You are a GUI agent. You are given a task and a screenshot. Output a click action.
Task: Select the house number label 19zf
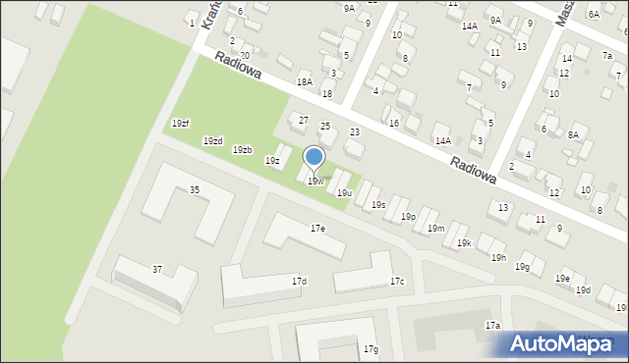180,123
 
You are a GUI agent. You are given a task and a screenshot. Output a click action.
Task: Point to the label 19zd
212,141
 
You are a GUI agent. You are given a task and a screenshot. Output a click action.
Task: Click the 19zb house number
242,150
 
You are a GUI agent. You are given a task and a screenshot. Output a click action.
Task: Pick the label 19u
344,193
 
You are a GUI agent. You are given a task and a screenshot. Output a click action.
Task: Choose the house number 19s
378,205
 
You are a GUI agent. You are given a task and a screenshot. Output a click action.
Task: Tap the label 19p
408,217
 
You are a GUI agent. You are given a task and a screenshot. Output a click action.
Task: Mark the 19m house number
435,229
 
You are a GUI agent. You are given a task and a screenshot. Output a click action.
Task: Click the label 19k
464,242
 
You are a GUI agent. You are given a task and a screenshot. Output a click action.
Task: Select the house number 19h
498,257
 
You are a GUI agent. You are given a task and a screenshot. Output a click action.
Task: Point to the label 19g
523,267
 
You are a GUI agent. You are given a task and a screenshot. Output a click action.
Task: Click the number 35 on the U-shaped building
195,189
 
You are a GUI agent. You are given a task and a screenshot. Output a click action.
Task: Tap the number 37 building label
157,269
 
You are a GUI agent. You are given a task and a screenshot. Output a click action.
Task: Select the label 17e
317,228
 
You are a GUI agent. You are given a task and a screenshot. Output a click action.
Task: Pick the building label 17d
299,282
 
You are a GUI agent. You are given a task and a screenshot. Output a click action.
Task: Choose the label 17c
396,282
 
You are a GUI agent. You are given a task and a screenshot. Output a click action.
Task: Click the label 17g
371,349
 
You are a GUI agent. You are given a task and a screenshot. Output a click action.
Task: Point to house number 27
304,120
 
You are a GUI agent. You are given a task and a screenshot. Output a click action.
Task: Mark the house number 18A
305,82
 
